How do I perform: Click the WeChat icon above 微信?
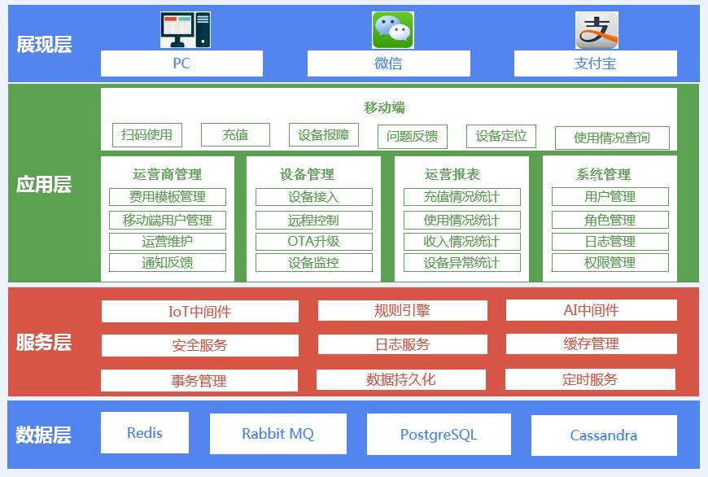(x=392, y=30)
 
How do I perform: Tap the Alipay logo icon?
(x=597, y=30)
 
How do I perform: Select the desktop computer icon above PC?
(x=185, y=30)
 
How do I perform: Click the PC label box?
(x=181, y=63)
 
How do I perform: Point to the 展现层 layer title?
(x=44, y=44)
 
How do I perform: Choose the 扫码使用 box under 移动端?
(x=147, y=135)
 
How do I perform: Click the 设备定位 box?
(x=501, y=136)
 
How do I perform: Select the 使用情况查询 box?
(x=612, y=138)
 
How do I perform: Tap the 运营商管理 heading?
(x=167, y=174)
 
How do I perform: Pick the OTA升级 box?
(x=314, y=242)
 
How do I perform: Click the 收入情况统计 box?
(x=462, y=242)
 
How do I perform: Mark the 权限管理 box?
(x=610, y=262)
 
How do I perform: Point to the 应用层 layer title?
(x=44, y=184)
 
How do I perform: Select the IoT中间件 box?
(x=200, y=311)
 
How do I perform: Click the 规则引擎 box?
(x=403, y=310)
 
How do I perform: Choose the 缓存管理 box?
(x=592, y=344)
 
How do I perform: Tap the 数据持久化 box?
(x=401, y=379)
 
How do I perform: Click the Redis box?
(x=145, y=433)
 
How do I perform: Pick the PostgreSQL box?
(x=439, y=435)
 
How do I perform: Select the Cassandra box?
(x=604, y=435)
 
